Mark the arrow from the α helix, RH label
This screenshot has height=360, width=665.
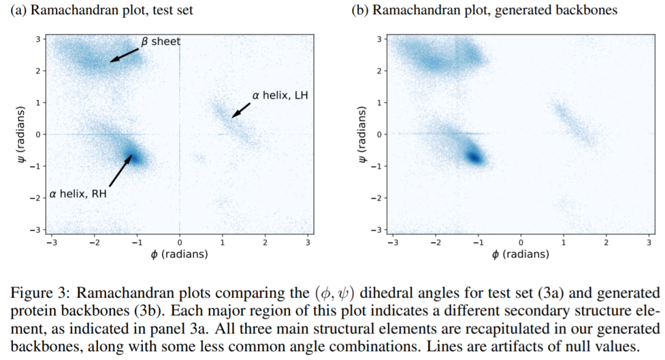point(120,170)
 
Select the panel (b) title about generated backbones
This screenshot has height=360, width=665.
point(484,10)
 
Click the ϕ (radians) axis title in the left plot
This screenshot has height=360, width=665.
point(179,254)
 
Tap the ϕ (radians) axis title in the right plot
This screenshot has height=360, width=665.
point(520,254)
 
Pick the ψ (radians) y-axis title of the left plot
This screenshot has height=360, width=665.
point(23,134)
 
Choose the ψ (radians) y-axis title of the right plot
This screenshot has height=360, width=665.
point(363,134)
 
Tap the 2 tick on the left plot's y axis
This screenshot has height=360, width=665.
point(39,71)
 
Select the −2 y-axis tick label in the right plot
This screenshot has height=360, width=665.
point(378,198)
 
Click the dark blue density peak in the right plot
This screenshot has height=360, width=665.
point(474,156)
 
